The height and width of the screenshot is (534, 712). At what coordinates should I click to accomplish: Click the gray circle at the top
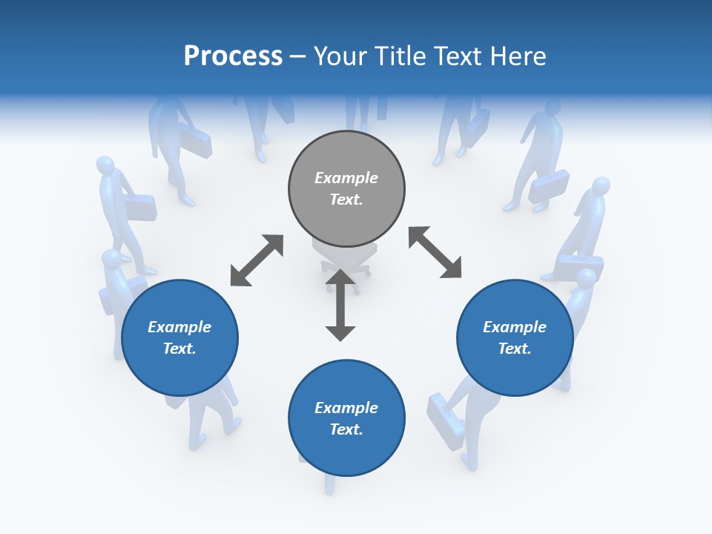[x=346, y=189]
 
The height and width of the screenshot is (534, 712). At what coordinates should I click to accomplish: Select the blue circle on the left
[x=179, y=337]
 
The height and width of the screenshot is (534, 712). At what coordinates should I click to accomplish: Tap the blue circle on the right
[x=515, y=337]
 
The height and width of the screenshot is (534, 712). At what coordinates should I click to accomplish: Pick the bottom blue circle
[x=346, y=418]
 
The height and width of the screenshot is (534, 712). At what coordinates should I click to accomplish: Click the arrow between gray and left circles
[x=257, y=260]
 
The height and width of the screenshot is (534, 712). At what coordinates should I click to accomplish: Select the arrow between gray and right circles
[x=435, y=252]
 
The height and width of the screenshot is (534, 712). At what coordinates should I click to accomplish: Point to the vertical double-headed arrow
[x=340, y=305]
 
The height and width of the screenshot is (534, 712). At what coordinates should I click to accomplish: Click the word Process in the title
[x=233, y=56]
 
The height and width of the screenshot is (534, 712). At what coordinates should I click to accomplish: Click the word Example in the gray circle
[x=346, y=178]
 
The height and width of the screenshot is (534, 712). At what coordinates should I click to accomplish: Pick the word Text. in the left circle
[x=179, y=349]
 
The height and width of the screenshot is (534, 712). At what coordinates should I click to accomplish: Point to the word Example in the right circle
[x=515, y=327]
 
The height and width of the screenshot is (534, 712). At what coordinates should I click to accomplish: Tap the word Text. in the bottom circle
[x=346, y=429]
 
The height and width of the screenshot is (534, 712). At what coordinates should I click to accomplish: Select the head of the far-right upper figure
[x=601, y=185]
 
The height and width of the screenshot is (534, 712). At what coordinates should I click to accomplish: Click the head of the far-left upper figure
[x=105, y=165]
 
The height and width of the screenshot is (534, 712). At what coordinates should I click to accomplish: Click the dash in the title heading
[x=298, y=56]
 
